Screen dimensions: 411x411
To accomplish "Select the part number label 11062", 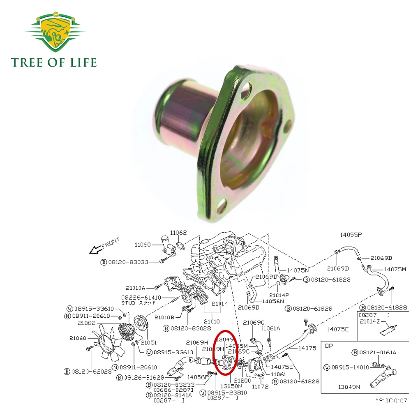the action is (178, 233).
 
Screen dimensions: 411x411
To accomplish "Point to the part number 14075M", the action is (395, 269).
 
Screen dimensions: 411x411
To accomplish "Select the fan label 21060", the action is (78, 338).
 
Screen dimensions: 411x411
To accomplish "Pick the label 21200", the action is (242, 381).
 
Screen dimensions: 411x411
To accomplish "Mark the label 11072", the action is (259, 387).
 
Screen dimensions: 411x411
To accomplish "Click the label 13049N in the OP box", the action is (349, 387).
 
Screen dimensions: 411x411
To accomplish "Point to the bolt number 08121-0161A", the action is (377, 352).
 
